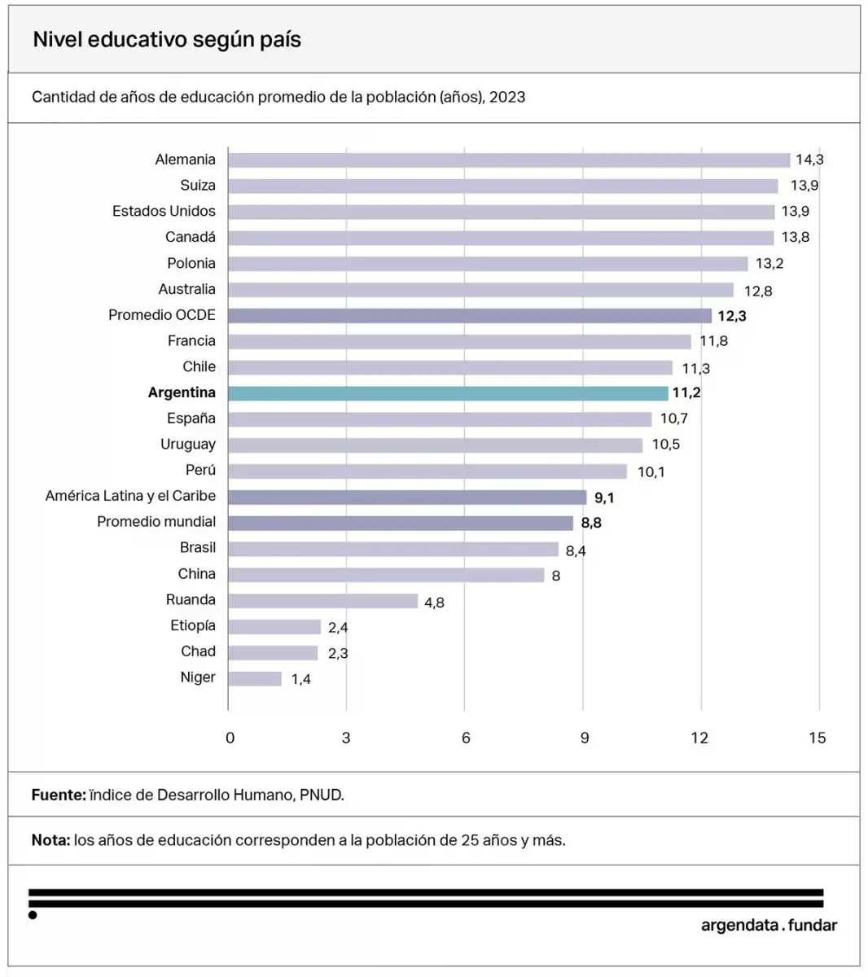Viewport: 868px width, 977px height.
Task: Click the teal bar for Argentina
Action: tap(448, 393)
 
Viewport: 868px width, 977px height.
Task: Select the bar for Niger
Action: tap(255, 678)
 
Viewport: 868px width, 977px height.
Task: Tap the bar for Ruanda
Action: tap(323, 601)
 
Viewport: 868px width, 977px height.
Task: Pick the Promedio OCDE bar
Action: tap(470, 315)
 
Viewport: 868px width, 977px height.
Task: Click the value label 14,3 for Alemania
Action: tap(809, 160)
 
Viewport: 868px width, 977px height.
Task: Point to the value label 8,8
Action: tap(591, 523)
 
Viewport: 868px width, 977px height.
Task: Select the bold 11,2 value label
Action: tap(686, 392)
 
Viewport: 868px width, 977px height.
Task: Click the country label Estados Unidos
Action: tap(164, 211)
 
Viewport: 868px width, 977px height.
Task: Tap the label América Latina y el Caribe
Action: tap(130, 496)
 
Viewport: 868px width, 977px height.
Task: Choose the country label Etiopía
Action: tap(193, 625)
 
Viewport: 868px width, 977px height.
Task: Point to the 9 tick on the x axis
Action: tap(585, 738)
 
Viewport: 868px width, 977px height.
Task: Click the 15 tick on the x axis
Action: tap(818, 738)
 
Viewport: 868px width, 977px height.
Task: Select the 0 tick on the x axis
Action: tap(230, 738)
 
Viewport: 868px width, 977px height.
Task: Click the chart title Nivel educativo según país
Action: tap(167, 40)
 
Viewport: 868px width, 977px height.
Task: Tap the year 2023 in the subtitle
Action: tap(507, 97)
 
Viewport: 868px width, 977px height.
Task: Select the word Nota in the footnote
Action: tap(50, 840)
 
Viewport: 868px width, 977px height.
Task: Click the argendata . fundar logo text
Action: tap(769, 925)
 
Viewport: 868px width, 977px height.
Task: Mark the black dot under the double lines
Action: tap(33, 915)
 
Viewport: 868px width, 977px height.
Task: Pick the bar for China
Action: tap(386, 575)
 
